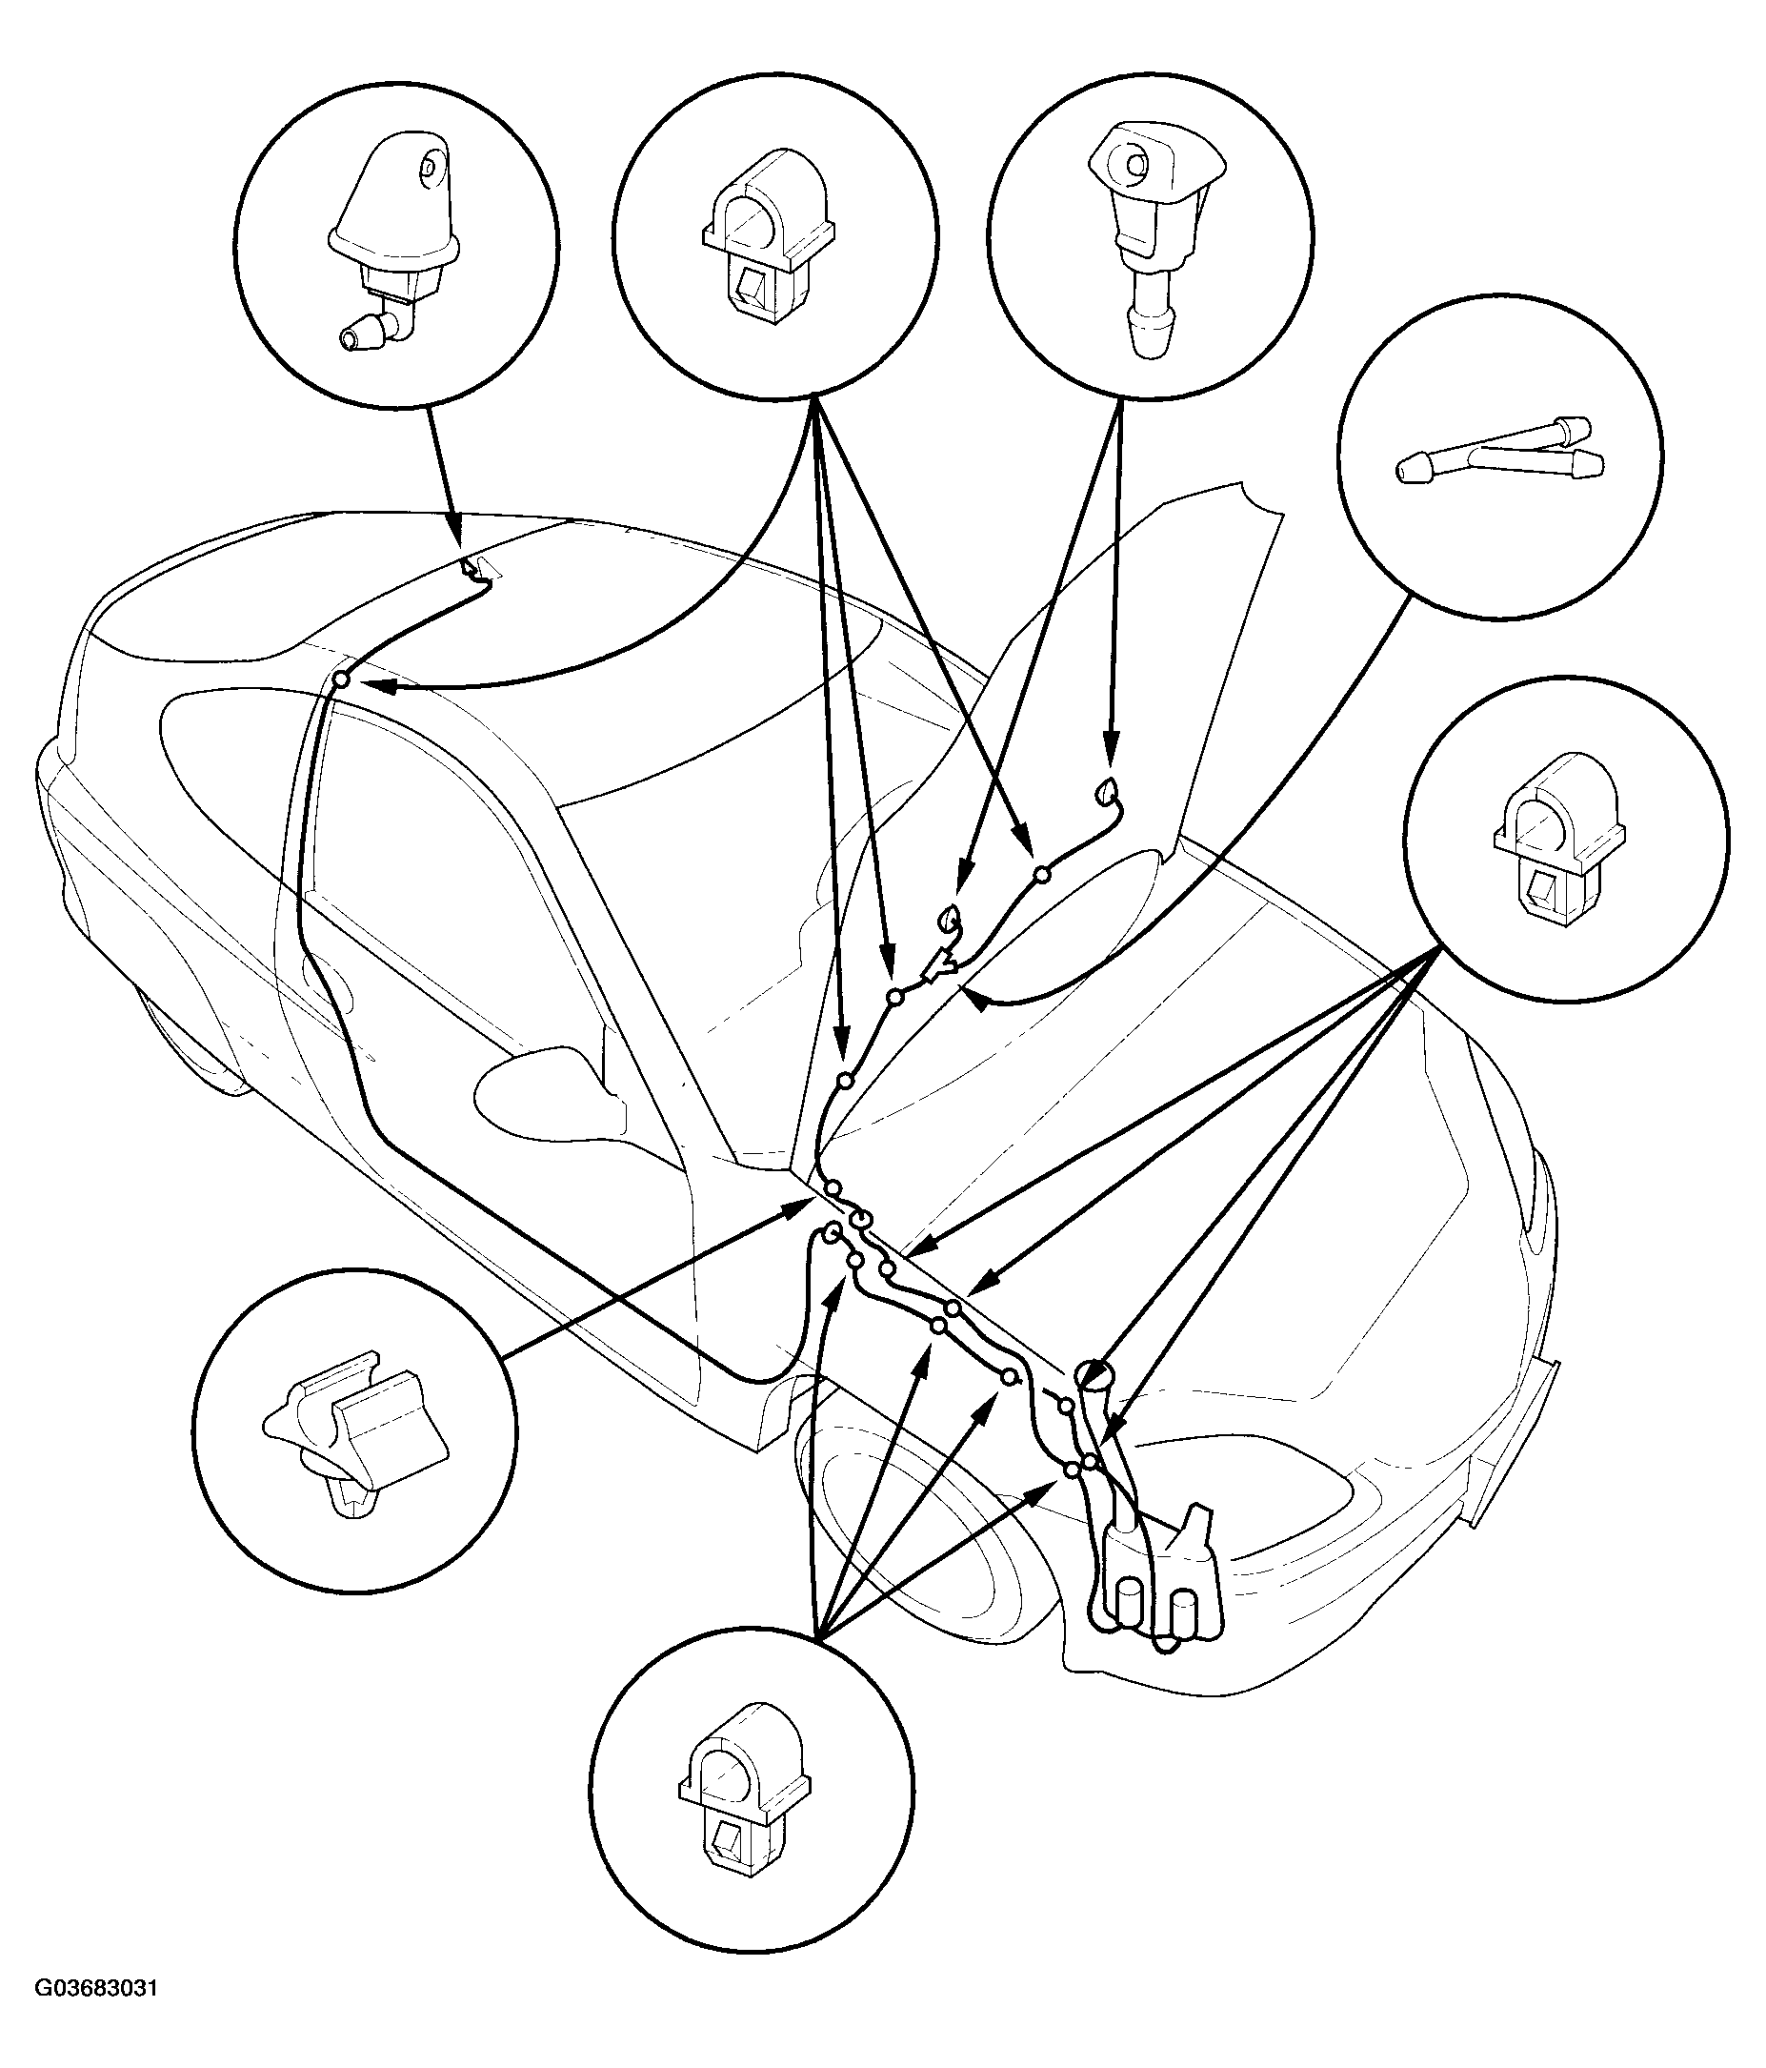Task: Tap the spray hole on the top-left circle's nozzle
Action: tap(430, 168)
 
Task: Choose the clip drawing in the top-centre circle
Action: tap(767, 236)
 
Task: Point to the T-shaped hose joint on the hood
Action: tap(938, 964)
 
